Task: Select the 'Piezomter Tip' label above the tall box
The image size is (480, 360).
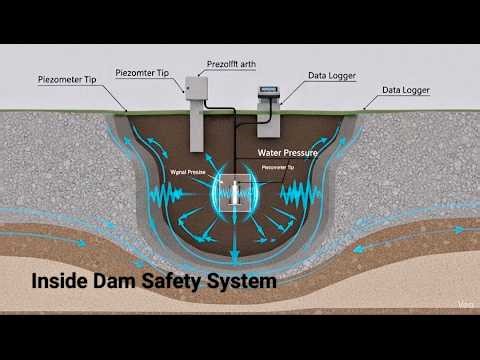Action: click(x=147, y=72)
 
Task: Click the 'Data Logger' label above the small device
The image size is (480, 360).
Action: click(x=331, y=75)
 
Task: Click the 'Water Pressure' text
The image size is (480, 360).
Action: click(x=287, y=153)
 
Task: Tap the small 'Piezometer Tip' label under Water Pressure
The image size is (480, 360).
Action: click(x=277, y=168)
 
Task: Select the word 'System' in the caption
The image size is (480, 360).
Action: click(x=241, y=283)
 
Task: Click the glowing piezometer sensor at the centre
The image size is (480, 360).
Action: click(x=235, y=193)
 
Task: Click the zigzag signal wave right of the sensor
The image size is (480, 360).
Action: click(x=300, y=193)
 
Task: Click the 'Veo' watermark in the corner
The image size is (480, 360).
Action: click(x=464, y=304)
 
